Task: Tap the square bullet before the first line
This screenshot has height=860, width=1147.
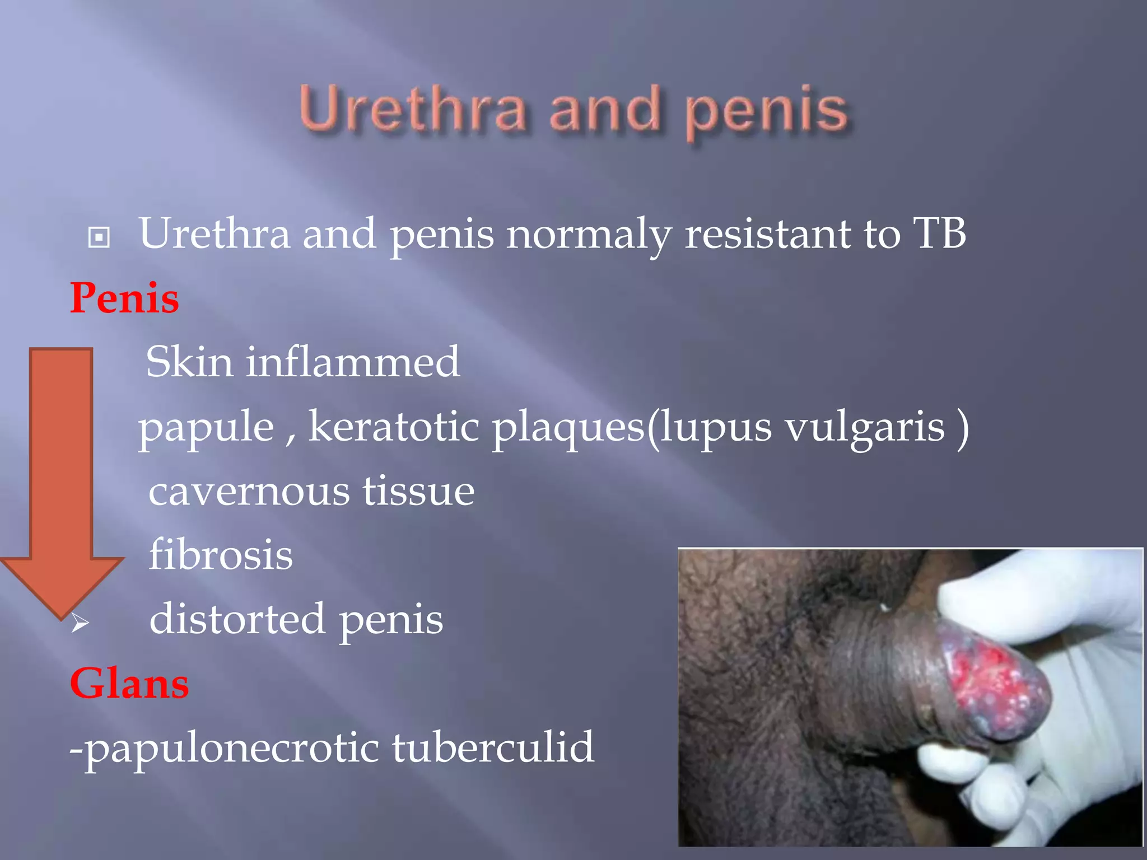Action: coord(99,237)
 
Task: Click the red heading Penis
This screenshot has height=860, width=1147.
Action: coord(124,298)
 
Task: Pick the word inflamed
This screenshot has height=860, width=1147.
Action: coord(353,362)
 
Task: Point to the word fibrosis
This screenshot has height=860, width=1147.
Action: coord(221,555)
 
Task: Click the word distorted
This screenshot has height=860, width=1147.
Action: coord(237,619)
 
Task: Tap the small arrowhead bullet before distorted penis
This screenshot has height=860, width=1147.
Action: coord(80,622)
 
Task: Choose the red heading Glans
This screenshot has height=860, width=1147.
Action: coord(129,684)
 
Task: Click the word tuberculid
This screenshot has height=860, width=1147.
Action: coord(493,747)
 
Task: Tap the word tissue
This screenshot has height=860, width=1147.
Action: coord(418,491)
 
